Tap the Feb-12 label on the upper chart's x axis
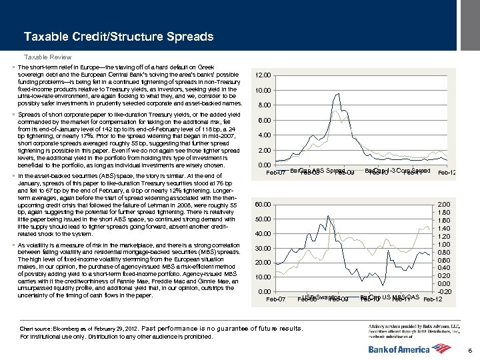[x=447, y=173]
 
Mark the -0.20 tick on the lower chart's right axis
[x=445, y=291]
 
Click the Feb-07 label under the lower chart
[x=276, y=299]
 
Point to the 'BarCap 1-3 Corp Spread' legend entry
[x=397, y=171]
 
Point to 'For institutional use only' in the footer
[x=60, y=337]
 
